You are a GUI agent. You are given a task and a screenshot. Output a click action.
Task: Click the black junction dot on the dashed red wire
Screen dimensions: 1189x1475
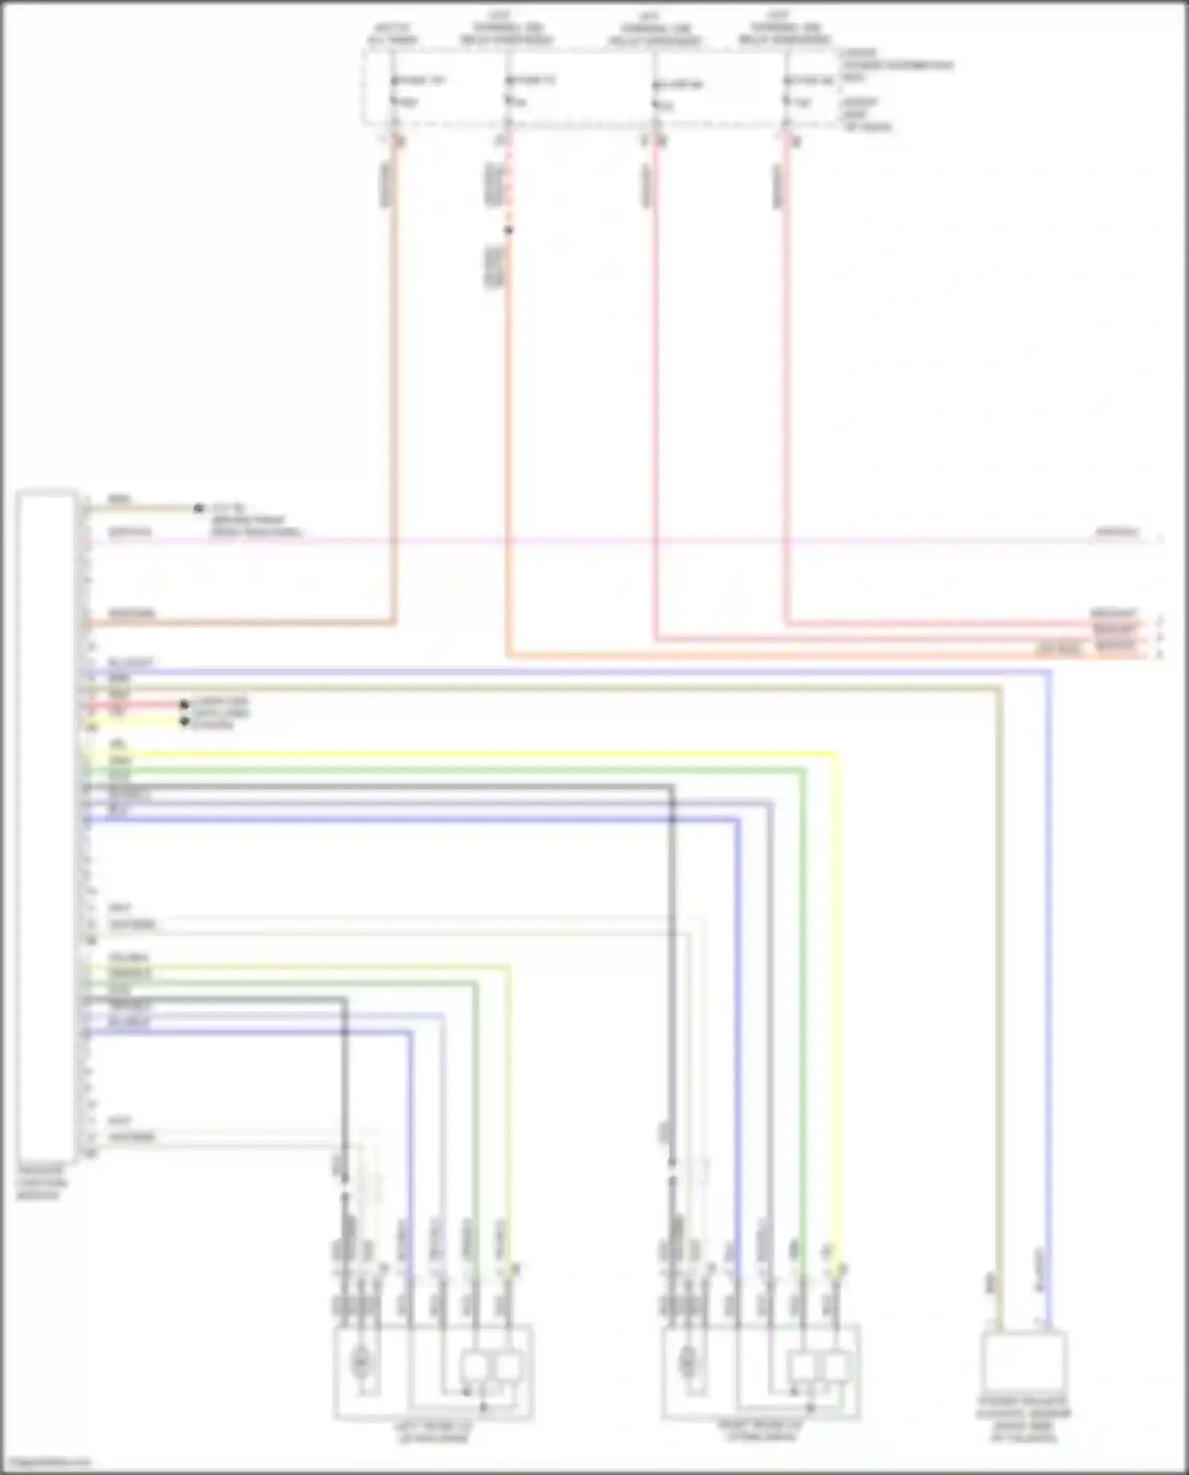[509, 231]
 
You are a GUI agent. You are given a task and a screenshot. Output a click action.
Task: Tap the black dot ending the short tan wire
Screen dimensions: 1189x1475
[198, 508]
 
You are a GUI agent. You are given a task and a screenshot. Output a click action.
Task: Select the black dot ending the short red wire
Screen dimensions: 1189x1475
[184, 704]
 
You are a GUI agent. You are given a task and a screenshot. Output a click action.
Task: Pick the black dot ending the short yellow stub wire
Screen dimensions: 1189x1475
[184, 721]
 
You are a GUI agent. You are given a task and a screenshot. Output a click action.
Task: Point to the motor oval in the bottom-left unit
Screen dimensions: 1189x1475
[361, 1362]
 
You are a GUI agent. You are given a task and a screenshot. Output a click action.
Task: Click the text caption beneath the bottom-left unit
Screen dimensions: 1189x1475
[433, 1431]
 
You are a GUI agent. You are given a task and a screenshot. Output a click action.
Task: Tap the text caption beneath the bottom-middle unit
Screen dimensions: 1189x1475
[760, 1431]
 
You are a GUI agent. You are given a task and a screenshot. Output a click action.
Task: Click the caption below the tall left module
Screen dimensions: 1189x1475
[41, 1183]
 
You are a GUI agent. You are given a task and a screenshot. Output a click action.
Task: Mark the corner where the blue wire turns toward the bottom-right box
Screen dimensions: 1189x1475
[1049, 672]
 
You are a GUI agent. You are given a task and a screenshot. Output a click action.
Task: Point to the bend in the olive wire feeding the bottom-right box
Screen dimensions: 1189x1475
[1000, 690]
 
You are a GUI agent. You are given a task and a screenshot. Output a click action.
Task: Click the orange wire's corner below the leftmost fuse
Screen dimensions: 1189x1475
[392, 622]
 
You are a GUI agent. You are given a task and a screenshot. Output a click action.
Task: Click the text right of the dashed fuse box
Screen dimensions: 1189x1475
[888, 89]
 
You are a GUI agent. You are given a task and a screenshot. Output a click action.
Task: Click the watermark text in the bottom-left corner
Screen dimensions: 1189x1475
[48, 1462]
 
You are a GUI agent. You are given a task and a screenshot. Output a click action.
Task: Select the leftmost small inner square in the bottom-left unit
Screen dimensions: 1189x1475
[475, 1365]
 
